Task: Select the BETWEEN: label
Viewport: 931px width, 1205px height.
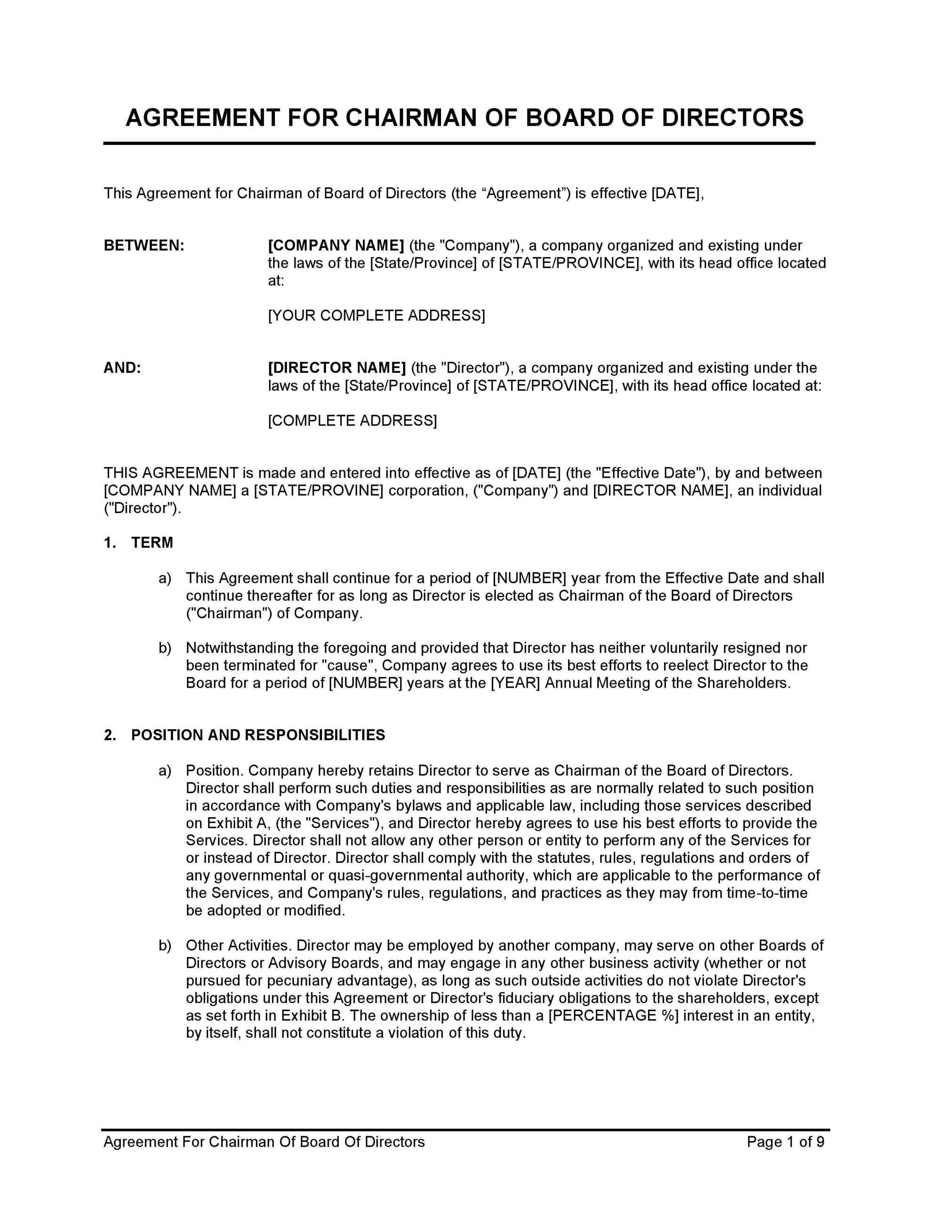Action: tap(144, 246)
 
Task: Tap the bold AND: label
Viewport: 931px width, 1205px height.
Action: tap(122, 368)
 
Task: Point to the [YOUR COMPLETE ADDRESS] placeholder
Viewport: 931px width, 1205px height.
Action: tap(377, 315)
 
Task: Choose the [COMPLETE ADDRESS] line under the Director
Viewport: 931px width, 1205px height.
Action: tap(352, 421)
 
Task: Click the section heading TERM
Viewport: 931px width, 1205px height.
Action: tap(152, 543)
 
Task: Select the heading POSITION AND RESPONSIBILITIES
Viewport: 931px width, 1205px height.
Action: tap(258, 735)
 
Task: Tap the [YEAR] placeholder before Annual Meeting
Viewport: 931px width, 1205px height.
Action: tap(515, 683)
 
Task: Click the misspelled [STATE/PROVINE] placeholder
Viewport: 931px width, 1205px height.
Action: tap(319, 490)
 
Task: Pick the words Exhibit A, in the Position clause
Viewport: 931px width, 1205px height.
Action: tap(239, 823)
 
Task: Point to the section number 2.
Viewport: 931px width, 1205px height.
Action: tap(110, 735)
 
